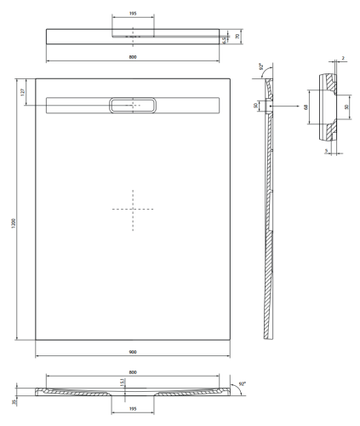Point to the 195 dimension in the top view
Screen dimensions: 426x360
(132, 14)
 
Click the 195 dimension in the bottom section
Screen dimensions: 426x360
(132, 408)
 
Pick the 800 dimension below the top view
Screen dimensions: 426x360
(132, 57)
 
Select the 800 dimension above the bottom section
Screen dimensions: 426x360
(132, 372)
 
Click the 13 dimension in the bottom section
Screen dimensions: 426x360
(123, 384)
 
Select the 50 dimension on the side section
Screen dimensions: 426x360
(256, 106)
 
